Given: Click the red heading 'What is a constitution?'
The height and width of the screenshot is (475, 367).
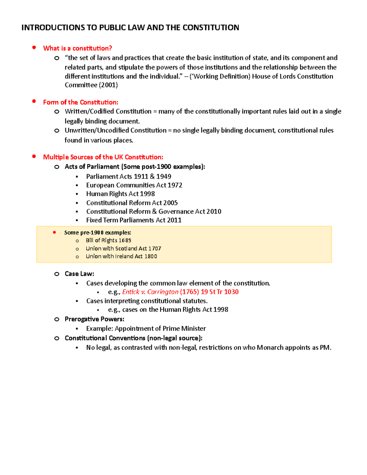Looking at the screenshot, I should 77,48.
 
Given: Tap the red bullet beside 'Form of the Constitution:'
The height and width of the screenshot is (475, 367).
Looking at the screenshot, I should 34,101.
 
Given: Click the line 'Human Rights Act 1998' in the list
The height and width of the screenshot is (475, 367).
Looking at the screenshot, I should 120,194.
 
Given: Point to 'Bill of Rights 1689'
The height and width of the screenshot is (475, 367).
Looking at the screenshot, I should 108,240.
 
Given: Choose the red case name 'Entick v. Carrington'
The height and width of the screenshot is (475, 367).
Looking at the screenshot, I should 150,292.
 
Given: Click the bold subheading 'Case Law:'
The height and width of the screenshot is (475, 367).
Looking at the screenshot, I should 79,274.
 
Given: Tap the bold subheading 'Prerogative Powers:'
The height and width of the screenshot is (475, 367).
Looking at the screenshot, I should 94,319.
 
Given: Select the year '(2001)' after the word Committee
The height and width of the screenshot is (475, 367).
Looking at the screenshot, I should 108,85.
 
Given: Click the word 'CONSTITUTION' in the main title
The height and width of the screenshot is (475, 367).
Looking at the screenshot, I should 211,28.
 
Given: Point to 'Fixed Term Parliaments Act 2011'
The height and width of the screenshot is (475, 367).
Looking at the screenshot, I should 134,220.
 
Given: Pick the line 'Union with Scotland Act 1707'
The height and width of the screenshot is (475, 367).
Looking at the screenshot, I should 123,248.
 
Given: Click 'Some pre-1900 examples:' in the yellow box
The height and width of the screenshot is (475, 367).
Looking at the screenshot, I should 98,232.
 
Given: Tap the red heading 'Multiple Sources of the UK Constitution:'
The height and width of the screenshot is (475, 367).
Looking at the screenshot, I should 103,157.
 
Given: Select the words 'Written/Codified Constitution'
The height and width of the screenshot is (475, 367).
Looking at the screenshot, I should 108,111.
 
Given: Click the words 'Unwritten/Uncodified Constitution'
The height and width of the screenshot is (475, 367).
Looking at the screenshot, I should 115,130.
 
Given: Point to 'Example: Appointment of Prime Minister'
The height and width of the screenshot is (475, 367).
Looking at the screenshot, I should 146,328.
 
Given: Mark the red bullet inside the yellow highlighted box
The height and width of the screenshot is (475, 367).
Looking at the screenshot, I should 54,232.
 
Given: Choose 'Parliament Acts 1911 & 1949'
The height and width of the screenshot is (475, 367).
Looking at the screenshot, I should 128,176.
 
